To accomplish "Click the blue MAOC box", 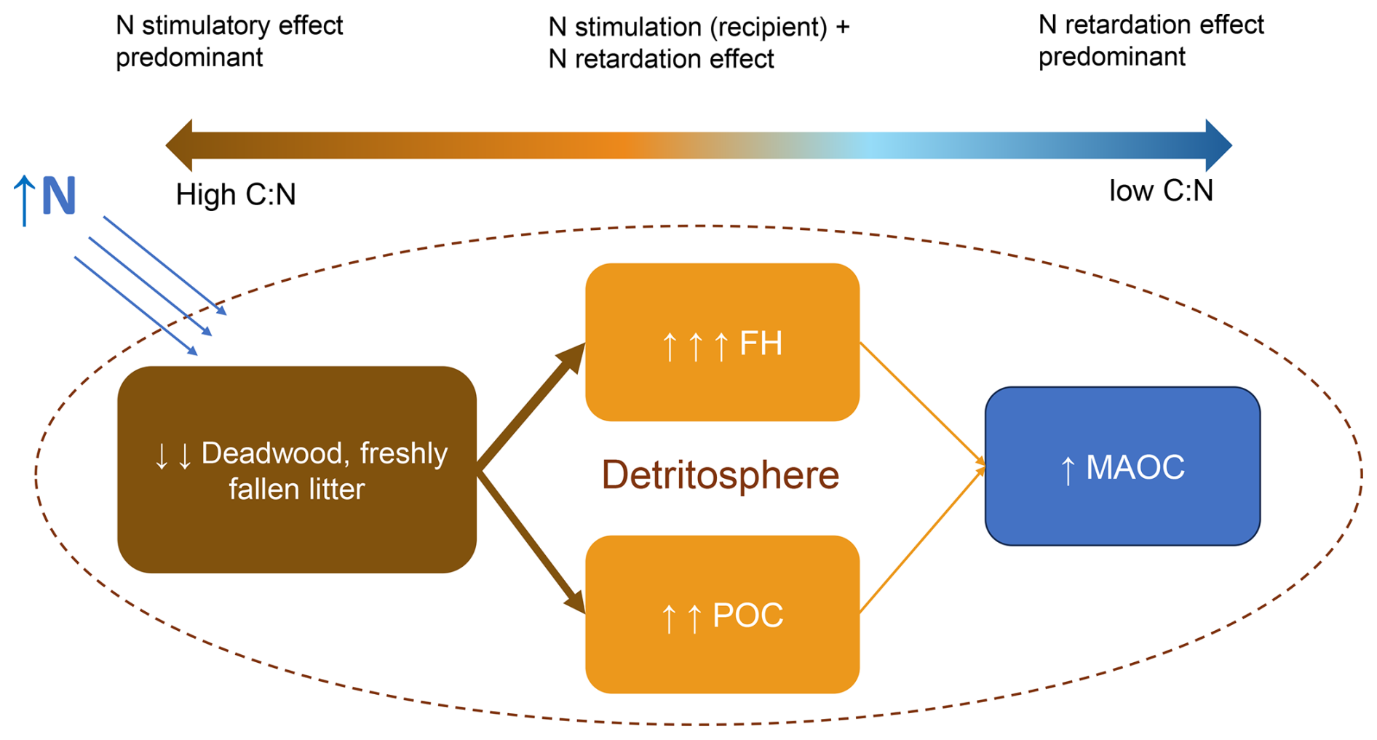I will [x=1122, y=466].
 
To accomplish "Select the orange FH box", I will [x=722, y=342].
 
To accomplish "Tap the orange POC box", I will [x=722, y=615].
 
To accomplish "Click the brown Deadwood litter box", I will [x=296, y=469].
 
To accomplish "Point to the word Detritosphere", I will [x=720, y=475].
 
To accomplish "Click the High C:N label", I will [x=236, y=195].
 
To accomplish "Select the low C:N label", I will [x=1161, y=191].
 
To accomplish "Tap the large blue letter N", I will [x=58, y=196].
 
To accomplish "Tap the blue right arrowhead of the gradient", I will [x=1218, y=146].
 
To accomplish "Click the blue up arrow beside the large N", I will [x=24, y=199].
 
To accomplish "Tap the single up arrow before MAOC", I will [x=1068, y=470].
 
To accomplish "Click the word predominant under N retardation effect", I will [x=1111, y=57].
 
